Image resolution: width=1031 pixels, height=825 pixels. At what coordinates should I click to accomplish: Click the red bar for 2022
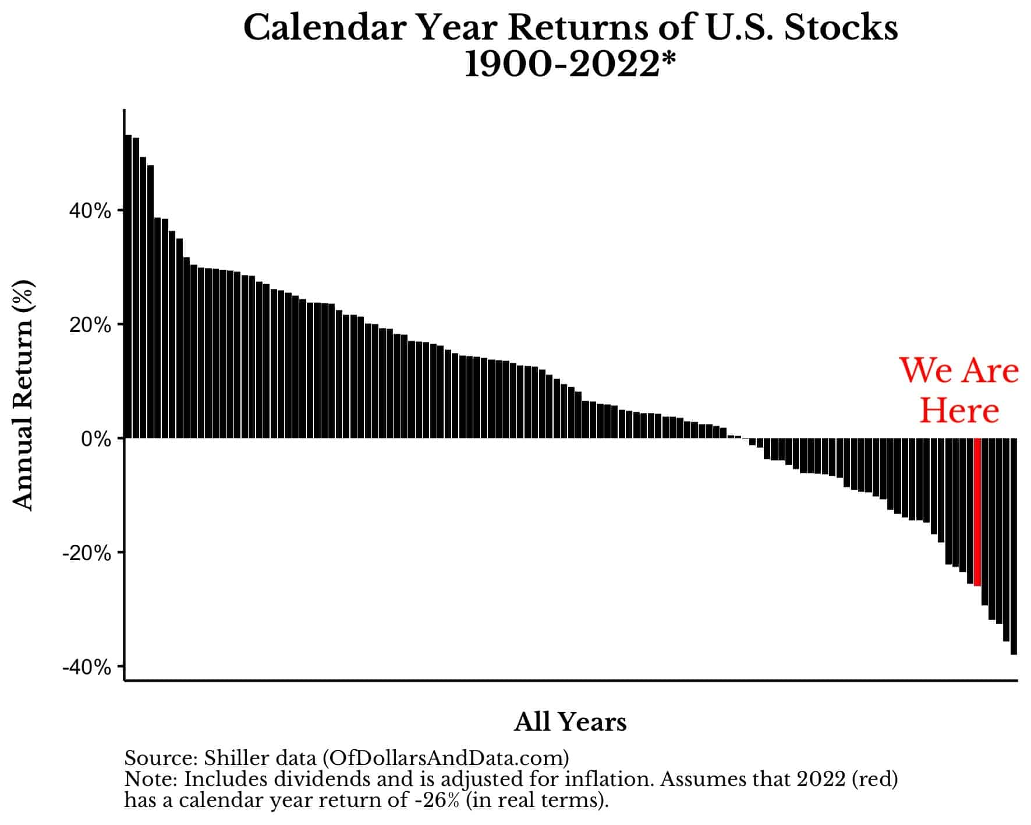pyautogui.click(x=977, y=512)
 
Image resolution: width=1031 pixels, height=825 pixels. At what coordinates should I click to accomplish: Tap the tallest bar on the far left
pyautogui.click(x=128, y=286)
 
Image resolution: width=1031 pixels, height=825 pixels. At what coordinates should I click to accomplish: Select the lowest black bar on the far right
pyautogui.click(x=1014, y=546)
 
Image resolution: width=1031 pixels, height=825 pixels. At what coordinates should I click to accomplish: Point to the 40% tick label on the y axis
pyautogui.click(x=90, y=211)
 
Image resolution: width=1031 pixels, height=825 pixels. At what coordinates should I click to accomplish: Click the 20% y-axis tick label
pyautogui.click(x=90, y=325)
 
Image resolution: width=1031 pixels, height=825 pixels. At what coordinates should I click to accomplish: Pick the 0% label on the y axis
pyautogui.click(x=96, y=439)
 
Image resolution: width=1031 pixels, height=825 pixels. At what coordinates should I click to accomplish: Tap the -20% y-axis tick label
pyautogui.click(x=87, y=553)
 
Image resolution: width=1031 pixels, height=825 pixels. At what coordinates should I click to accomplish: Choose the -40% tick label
pyautogui.click(x=87, y=667)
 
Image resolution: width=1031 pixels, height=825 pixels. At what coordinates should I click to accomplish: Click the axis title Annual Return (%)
pyautogui.click(x=24, y=396)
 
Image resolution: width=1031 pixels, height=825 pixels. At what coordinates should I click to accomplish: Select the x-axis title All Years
pyautogui.click(x=571, y=722)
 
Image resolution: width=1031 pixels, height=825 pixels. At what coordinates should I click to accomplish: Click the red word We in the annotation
pyautogui.click(x=923, y=370)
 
